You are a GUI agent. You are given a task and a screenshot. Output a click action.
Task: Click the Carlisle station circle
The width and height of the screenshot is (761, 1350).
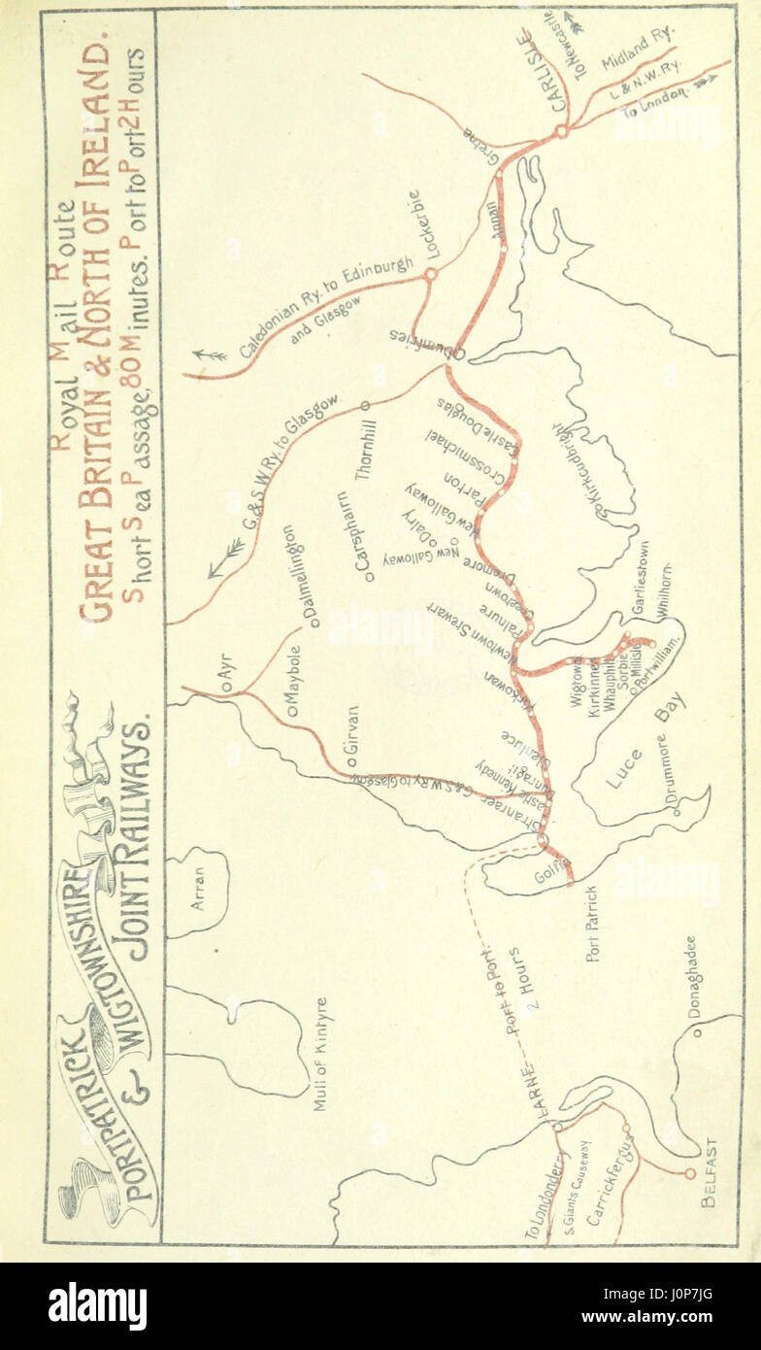coord(560,130)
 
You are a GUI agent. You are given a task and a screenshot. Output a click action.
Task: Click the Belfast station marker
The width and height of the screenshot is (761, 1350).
coord(690,1173)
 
